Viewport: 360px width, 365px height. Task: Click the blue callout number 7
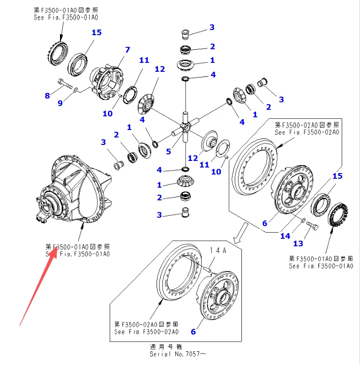point(127,50)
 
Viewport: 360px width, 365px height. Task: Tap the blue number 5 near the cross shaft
point(169,152)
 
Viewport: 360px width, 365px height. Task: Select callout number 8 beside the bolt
point(47,96)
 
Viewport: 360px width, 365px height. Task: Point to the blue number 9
point(60,103)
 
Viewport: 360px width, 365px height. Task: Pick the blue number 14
point(285,236)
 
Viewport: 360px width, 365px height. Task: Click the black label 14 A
point(217,251)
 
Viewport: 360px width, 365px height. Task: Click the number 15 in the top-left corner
point(97,32)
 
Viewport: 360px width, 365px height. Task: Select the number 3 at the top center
point(212,27)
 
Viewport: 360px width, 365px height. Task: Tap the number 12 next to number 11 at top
point(160,69)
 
